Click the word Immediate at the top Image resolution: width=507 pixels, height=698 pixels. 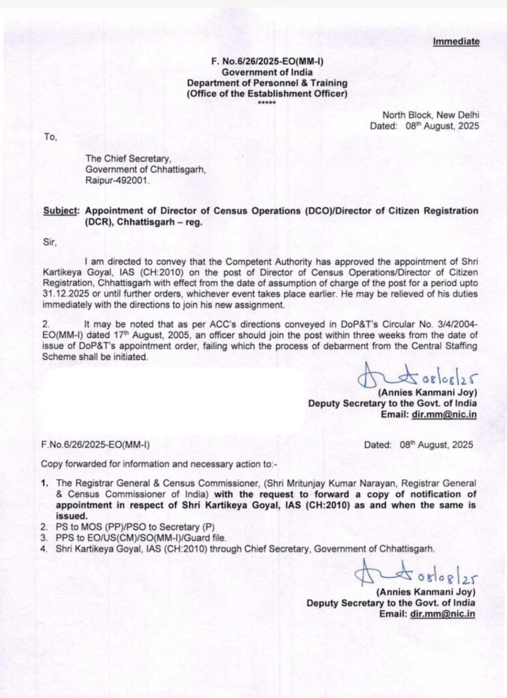(x=456, y=42)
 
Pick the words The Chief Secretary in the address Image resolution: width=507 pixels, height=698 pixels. (x=123, y=160)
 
